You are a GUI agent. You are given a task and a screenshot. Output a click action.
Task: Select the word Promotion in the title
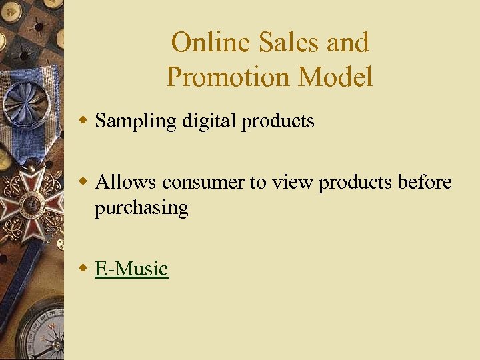(229, 77)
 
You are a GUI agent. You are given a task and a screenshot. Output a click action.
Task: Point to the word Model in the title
(336, 77)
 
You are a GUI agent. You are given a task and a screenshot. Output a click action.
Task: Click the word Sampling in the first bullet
(135, 121)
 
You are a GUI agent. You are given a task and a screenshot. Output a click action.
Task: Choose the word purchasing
(141, 208)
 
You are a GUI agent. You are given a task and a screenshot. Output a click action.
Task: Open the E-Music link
(131, 269)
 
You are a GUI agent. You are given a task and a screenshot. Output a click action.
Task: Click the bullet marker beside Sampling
(83, 121)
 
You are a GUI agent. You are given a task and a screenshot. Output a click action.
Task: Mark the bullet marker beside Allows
(83, 181)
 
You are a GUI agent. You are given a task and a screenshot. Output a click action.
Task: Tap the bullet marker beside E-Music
(83, 268)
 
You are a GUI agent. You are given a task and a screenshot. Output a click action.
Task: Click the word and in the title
(348, 43)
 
